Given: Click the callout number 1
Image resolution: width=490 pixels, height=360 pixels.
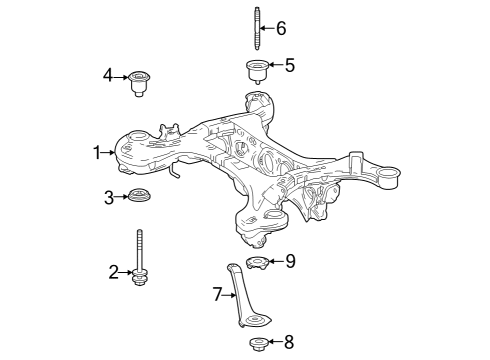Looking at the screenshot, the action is (98, 153).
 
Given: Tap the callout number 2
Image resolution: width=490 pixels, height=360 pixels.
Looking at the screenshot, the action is (114, 271).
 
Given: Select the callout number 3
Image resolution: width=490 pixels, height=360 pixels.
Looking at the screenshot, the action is (110, 196).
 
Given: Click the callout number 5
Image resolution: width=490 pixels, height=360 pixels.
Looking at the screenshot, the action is (289, 66).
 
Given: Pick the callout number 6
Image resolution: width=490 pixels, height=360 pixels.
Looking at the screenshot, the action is (281, 28).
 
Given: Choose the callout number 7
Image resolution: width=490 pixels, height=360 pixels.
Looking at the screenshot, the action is (216, 294).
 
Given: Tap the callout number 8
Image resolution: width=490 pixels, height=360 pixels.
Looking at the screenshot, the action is (289, 342).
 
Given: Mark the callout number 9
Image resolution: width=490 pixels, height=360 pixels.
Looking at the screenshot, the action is (290, 261).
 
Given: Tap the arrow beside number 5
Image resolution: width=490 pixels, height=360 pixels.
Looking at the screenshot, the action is (276, 67).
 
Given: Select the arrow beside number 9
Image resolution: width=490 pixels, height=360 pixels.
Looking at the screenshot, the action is (277, 262).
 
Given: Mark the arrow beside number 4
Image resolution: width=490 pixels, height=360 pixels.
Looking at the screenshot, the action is (121, 75).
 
